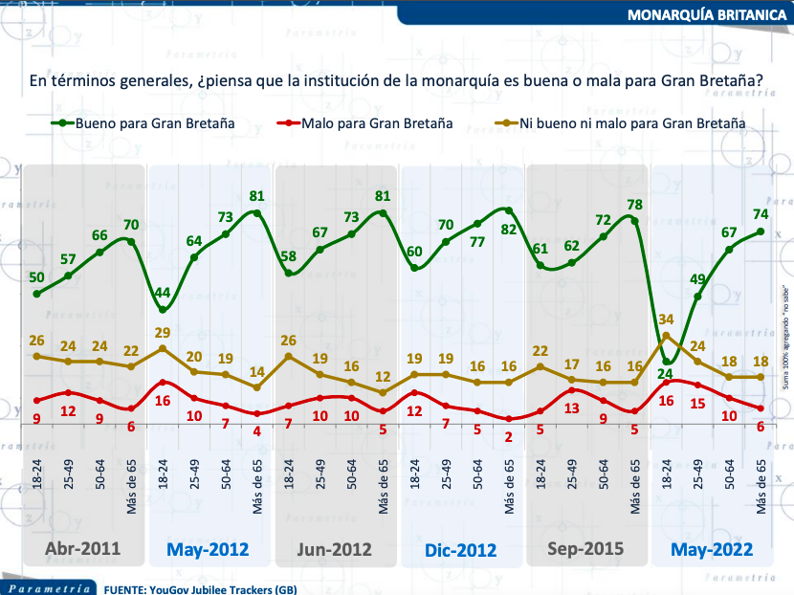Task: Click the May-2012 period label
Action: click(208, 550)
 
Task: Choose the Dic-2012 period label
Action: click(461, 550)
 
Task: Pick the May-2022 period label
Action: click(712, 550)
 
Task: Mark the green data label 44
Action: click(163, 293)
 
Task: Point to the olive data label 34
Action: click(666, 320)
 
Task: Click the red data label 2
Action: click(508, 435)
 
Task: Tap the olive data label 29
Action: click(163, 332)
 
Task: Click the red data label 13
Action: click(571, 408)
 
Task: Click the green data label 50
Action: click(36, 277)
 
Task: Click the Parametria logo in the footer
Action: click(48, 586)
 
